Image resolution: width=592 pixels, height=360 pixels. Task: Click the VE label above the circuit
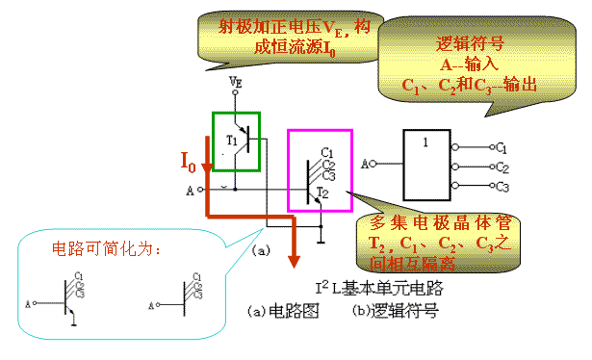(236, 85)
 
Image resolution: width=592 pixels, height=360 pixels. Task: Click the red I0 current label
(190, 161)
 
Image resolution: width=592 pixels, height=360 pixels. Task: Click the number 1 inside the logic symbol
(425, 141)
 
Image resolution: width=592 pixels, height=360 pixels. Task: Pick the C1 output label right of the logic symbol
(500, 147)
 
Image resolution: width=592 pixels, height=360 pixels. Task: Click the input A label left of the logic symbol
(365, 165)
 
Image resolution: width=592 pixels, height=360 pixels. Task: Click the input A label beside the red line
(190, 190)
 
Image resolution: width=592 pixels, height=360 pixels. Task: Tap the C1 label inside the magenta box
(326, 152)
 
